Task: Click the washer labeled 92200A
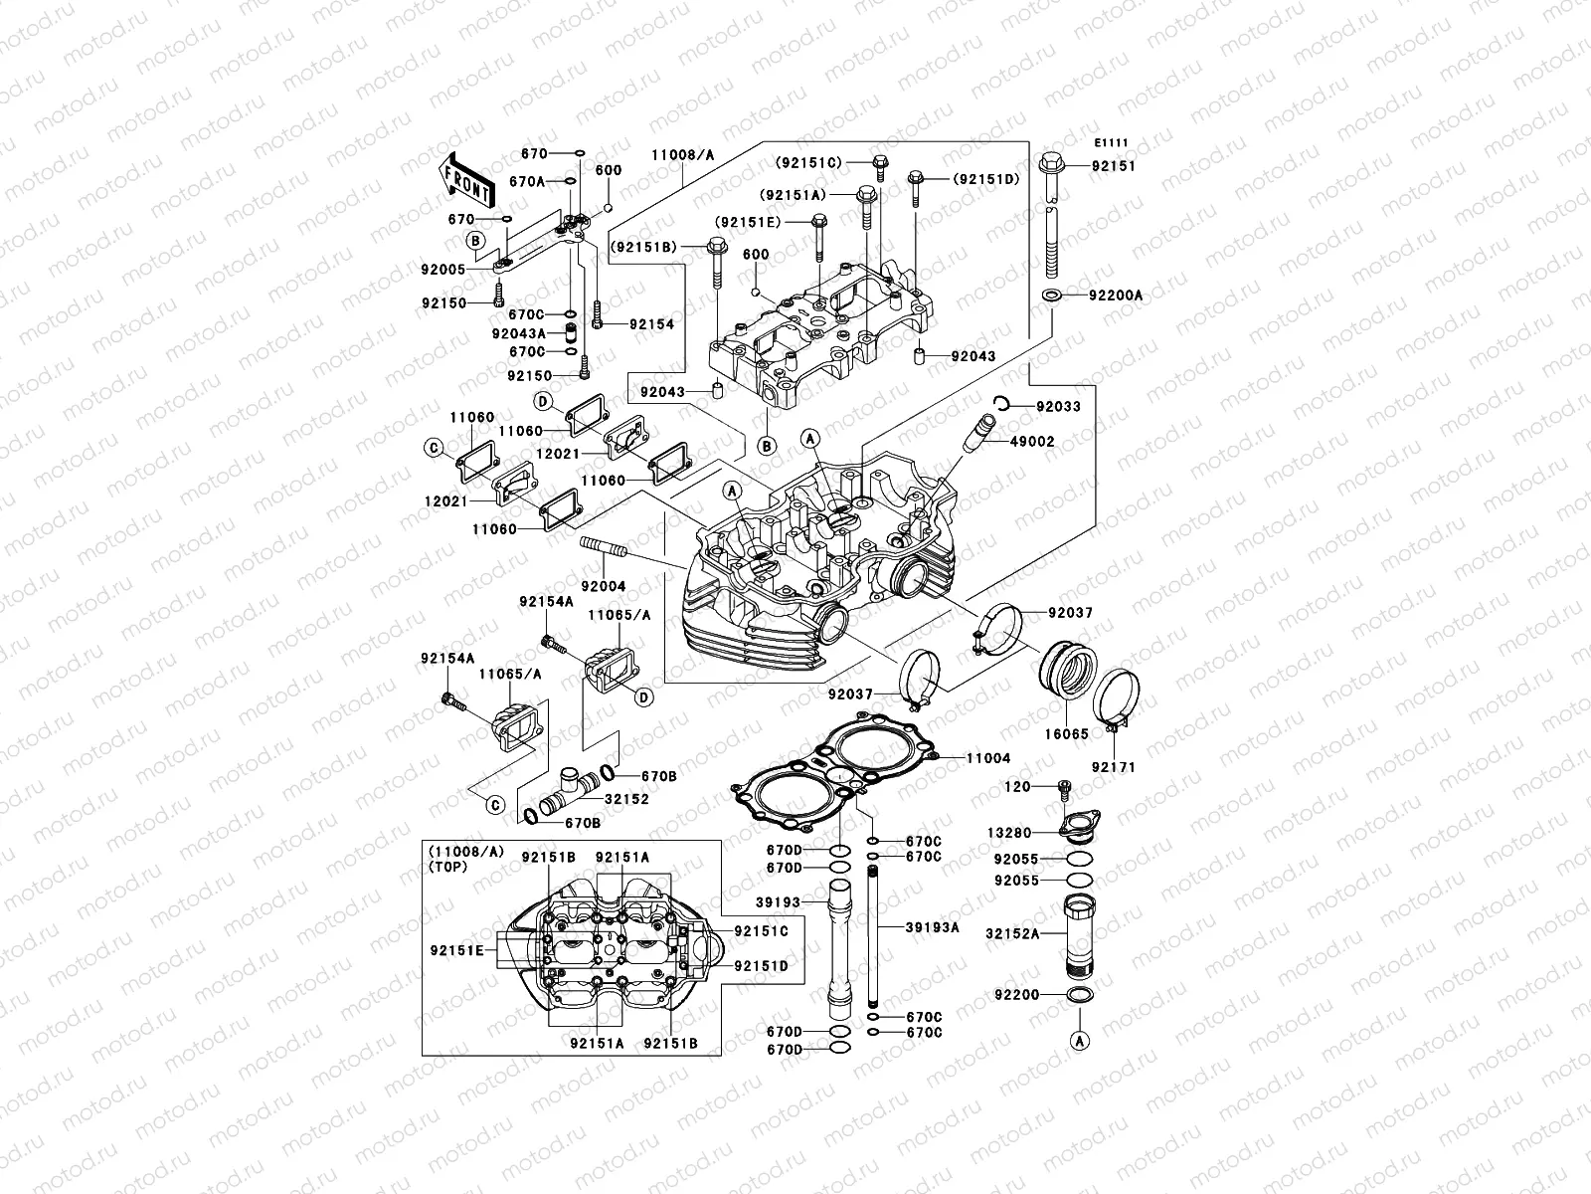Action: coord(1050,296)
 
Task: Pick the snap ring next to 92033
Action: coord(1003,402)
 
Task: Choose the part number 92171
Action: coord(1113,768)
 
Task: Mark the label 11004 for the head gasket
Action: coord(987,758)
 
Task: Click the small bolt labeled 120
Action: coord(1064,789)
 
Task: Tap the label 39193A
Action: coord(932,927)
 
